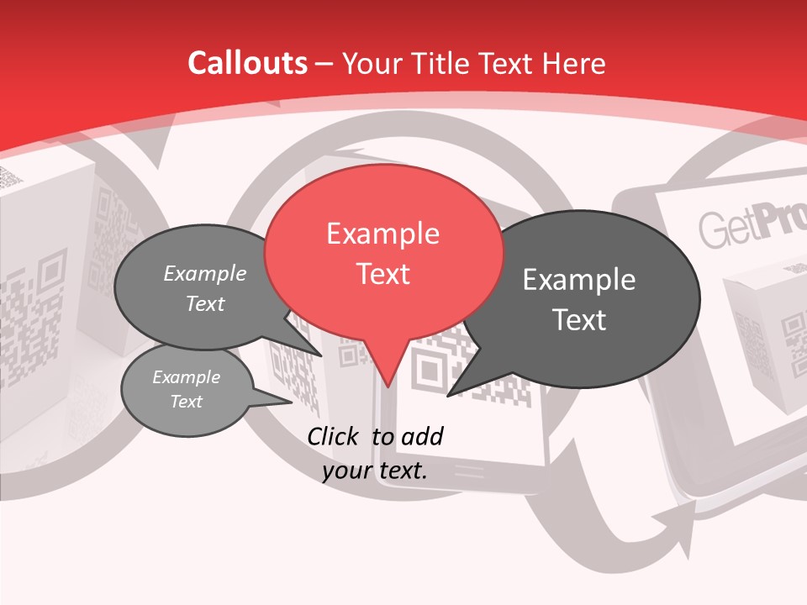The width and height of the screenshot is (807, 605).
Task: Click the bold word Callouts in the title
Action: click(247, 63)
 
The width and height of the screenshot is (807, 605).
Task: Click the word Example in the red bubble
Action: click(382, 234)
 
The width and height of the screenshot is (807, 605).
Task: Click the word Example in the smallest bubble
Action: click(186, 377)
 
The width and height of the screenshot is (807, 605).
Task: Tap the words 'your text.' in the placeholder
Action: click(375, 471)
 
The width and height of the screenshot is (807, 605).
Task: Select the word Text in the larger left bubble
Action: click(204, 303)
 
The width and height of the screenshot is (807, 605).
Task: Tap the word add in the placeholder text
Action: click(421, 436)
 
